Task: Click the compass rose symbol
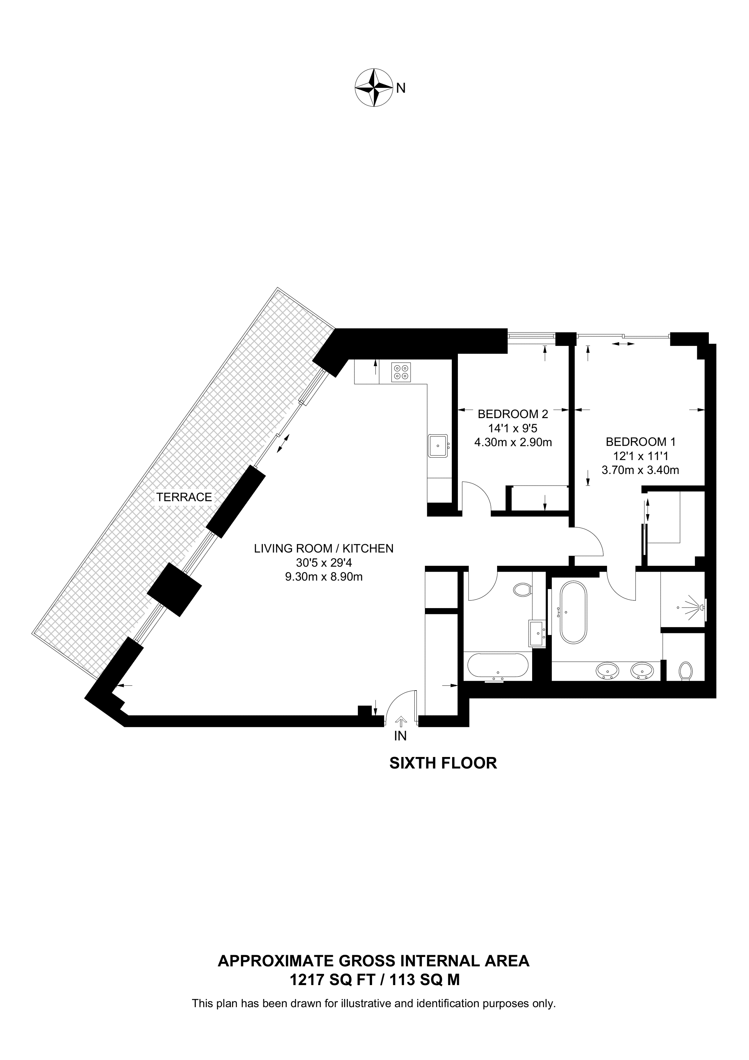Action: click(x=373, y=88)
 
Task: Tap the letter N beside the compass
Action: click(x=401, y=88)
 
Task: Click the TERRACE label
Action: click(x=184, y=497)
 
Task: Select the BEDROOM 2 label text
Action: click(x=513, y=414)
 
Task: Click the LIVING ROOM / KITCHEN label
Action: click(x=323, y=549)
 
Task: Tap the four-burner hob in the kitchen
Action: click(x=401, y=373)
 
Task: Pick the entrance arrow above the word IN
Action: click(x=401, y=721)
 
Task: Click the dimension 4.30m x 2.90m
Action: click(x=513, y=442)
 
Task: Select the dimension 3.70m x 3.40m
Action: click(x=640, y=471)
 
